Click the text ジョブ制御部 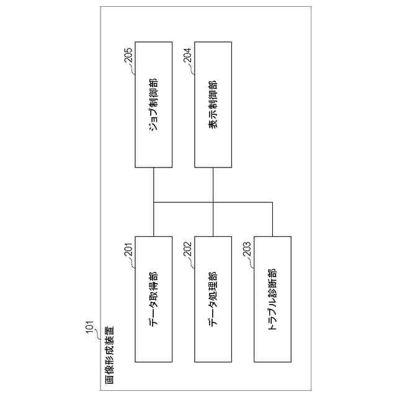pyautogui.click(x=153, y=104)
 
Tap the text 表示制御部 pyautogui.click(x=213, y=104)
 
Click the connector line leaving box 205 pyautogui.click(x=153, y=184)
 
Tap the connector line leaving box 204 pyautogui.click(x=213, y=184)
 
